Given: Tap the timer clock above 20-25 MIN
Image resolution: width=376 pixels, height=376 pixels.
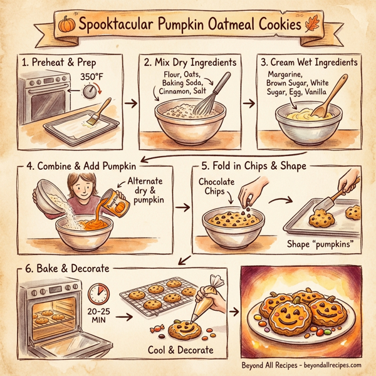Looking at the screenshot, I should [98, 294].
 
